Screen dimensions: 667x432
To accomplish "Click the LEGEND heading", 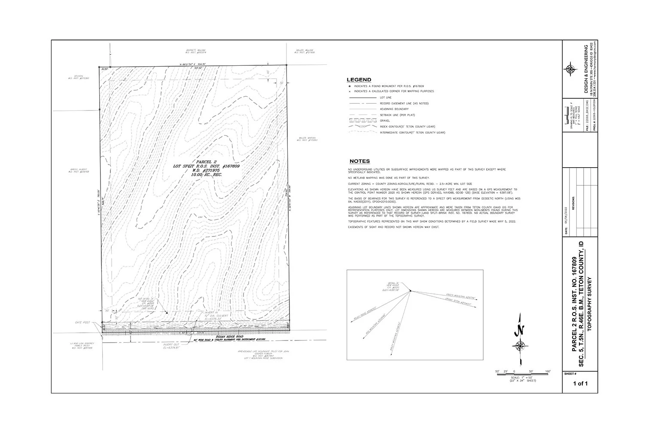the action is pyautogui.click(x=359, y=80).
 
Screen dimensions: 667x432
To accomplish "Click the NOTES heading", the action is pyautogui.click(x=359, y=161).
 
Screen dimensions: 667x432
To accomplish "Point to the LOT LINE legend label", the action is pyautogui.click(x=386, y=98).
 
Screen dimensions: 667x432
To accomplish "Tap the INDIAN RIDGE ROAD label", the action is pyautogui.click(x=230, y=337).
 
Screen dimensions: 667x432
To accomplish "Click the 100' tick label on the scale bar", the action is pyautogui.click(x=548, y=371).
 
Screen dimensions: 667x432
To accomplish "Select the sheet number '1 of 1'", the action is pyautogui.click(x=580, y=384).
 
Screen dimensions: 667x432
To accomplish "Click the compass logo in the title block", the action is pyautogui.click(x=570, y=69).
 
